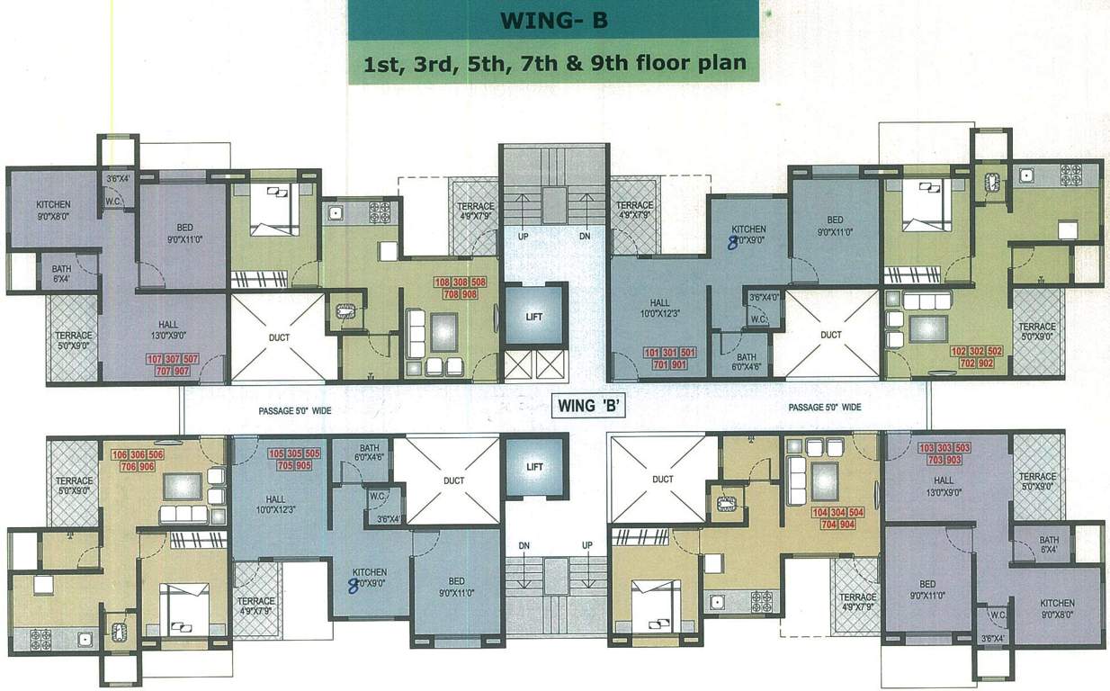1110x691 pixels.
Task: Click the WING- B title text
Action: coord(552,20)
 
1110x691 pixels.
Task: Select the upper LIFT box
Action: coord(535,317)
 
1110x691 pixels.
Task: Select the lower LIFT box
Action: coord(535,467)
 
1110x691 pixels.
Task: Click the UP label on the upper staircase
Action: coord(522,236)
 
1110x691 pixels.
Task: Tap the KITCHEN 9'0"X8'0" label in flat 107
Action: coord(53,209)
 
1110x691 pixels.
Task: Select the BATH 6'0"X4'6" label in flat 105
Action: coord(370,453)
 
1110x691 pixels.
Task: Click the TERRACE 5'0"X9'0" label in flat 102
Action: coord(1037,331)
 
